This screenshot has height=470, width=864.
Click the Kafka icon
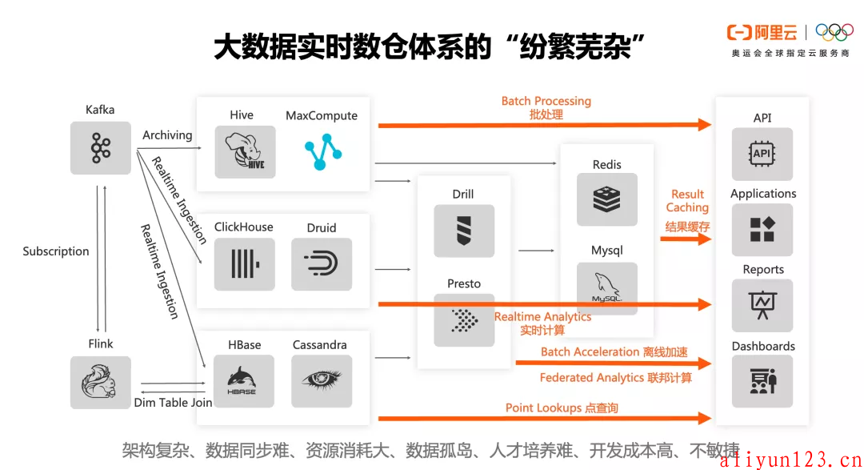point(100,148)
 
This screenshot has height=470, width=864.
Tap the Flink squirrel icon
point(100,382)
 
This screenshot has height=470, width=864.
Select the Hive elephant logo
point(246,151)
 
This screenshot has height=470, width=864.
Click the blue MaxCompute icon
point(323,151)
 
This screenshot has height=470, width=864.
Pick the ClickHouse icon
point(245,264)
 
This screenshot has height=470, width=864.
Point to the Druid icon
point(322,264)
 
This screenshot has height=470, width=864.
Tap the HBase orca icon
point(243,381)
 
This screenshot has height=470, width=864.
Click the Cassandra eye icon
point(322,381)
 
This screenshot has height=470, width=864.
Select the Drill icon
point(464,231)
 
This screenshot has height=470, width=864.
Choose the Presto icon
point(464,320)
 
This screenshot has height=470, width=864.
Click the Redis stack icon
point(607,199)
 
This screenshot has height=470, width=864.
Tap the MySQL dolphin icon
point(607,288)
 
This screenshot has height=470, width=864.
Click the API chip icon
point(762,154)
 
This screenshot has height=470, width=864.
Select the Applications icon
point(762,230)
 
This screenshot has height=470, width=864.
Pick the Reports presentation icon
point(762,306)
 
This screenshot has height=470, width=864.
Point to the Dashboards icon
point(762,381)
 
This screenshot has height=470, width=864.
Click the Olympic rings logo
point(834,32)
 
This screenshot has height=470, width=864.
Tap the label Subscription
point(56,251)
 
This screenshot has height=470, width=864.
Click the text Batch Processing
point(546,101)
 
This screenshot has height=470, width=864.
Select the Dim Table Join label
point(173,403)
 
